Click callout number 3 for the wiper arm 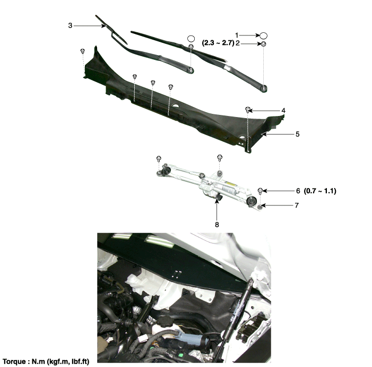70,25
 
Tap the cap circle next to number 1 264,35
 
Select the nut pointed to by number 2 263,44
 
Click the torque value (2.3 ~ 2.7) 218,43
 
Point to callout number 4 283,111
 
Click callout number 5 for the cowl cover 297,135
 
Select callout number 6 298,191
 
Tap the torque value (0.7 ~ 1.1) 320,191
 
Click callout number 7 297,205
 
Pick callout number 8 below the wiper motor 217,225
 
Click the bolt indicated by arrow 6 260,191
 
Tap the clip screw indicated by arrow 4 248,110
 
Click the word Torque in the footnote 14,362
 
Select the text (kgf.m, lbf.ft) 68,362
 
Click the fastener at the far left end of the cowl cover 83,51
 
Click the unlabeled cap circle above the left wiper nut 191,38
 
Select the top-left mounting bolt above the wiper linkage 159,159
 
